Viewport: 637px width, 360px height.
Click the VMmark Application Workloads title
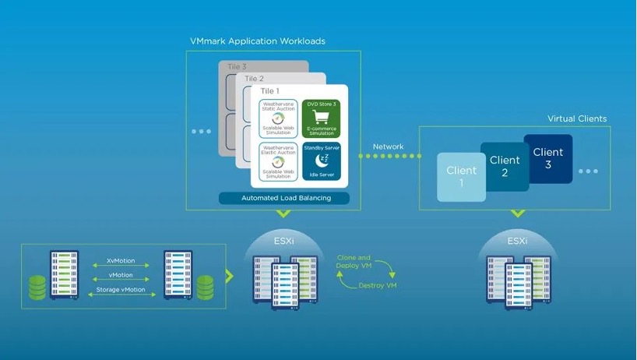(x=258, y=41)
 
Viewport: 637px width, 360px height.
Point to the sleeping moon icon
(x=322, y=160)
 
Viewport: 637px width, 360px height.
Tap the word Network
(x=388, y=146)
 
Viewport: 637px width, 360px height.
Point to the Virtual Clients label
(x=577, y=119)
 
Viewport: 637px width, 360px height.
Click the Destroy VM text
(x=378, y=286)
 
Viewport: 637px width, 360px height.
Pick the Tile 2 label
(x=255, y=79)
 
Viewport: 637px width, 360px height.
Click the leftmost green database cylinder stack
(x=36, y=287)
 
